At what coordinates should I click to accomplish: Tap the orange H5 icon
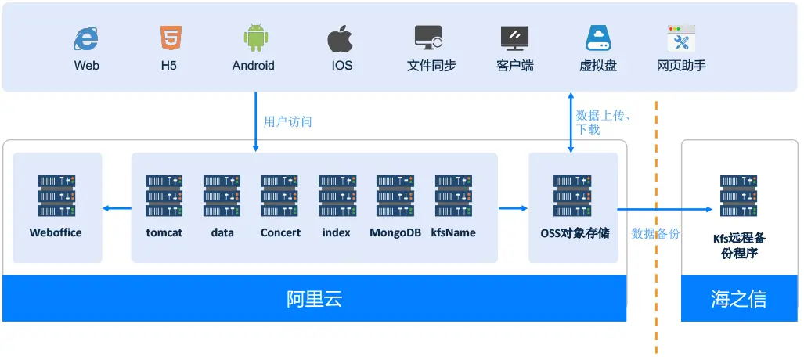coord(169,38)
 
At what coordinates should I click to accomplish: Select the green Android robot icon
coord(254,38)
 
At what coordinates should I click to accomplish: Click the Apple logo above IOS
coord(341,38)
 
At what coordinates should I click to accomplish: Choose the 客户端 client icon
coord(514,38)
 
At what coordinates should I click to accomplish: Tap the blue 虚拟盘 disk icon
coord(598,38)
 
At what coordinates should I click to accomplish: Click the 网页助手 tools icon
coord(681,38)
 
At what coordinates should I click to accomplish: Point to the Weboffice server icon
coord(56,196)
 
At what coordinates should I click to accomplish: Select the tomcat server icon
coord(164,196)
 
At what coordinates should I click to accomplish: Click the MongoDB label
coord(395,232)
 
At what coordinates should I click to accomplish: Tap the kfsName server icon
coord(453,196)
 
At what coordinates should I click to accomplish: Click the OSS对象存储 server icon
coord(572,196)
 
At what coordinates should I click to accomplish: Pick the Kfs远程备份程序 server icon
coord(739,196)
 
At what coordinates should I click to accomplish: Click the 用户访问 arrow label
coord(287,121)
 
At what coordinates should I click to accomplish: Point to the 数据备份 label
coord(655,232)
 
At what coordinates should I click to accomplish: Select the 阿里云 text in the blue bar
coord(314,299)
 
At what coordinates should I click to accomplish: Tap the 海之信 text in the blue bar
coord(738,299)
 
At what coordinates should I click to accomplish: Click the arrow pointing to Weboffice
coord(117,207)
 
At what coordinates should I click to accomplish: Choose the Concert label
coord(280,232)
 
